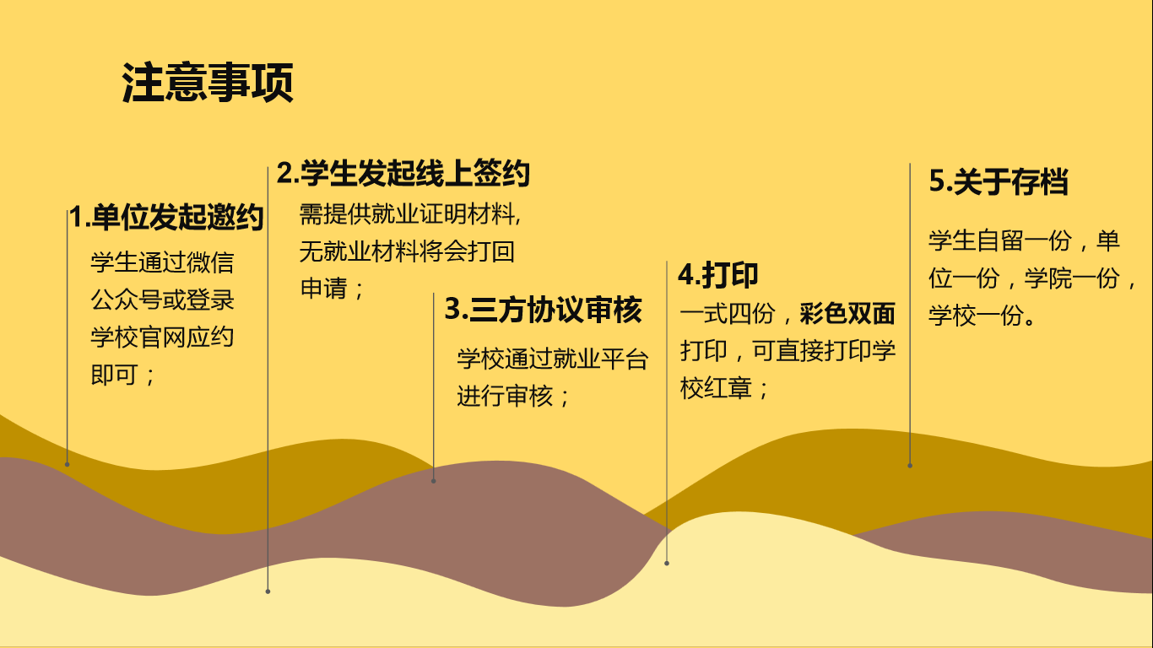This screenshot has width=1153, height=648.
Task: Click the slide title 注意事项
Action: pos(208,83)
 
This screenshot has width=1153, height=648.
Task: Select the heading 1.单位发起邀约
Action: pos(167,217)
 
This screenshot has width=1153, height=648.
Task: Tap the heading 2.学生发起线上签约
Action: pos(403,173)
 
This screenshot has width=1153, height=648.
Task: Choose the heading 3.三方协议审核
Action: pos(543,310)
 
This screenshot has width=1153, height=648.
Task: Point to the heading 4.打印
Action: pos(718,275)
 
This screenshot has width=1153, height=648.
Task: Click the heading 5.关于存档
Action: pos(999,181)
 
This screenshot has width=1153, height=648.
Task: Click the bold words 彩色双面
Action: pos(847,313)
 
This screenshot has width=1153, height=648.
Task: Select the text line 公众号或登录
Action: pos(163,300)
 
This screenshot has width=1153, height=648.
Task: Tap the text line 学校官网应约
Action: pos(163,337)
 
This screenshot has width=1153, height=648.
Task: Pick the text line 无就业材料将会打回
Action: pos(407,251)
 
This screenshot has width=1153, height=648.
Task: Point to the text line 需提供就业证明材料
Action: pos(409,214)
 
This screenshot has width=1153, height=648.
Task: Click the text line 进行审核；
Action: pos(513,397)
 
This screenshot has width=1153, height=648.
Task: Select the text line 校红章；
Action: pos(724,388)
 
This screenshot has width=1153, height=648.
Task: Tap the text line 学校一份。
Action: pos(982,316)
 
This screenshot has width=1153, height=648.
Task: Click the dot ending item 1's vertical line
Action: pos(67,464)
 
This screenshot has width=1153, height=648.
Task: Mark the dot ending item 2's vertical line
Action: pos(268,591)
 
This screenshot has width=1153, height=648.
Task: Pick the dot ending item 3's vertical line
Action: pos(433,481)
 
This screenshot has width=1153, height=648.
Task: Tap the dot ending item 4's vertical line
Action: pos(667,563)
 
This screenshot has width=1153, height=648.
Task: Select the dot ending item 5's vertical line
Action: pos(910,466)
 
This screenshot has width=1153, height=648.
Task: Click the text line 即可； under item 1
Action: pos(123,375)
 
